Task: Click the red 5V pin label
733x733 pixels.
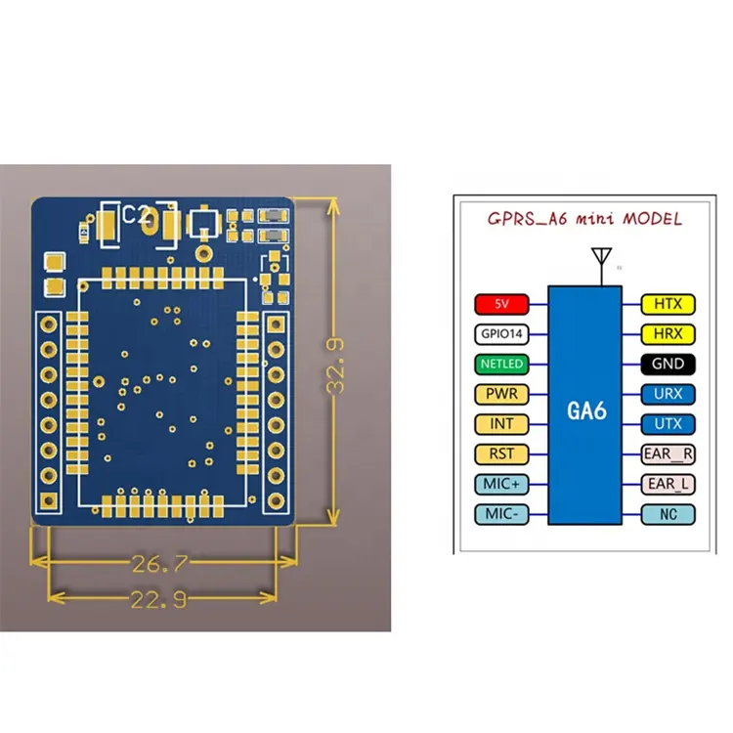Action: [501, 303]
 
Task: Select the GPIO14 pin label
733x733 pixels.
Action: [501, 333]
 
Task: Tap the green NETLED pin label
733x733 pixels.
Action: [501, 364]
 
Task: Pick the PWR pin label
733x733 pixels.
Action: [501, 394]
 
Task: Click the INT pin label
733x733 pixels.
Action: [501, 424]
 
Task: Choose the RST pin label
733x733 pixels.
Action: [501, 454]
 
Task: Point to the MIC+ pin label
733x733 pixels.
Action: [501, 485]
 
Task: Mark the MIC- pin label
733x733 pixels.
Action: [501, 515]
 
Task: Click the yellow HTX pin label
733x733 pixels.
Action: [668, 304]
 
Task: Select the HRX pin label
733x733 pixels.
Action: [668, 334]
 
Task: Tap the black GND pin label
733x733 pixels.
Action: [668, 364]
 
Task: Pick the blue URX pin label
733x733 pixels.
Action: [668, 394]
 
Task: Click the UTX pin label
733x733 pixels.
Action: [668, 424]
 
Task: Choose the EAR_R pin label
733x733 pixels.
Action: [668, 454]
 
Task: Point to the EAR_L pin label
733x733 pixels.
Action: [668, 485]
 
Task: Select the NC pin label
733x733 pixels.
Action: [668, 515]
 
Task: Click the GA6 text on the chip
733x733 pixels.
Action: [586, 410]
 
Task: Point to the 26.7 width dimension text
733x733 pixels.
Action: [161, 564]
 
